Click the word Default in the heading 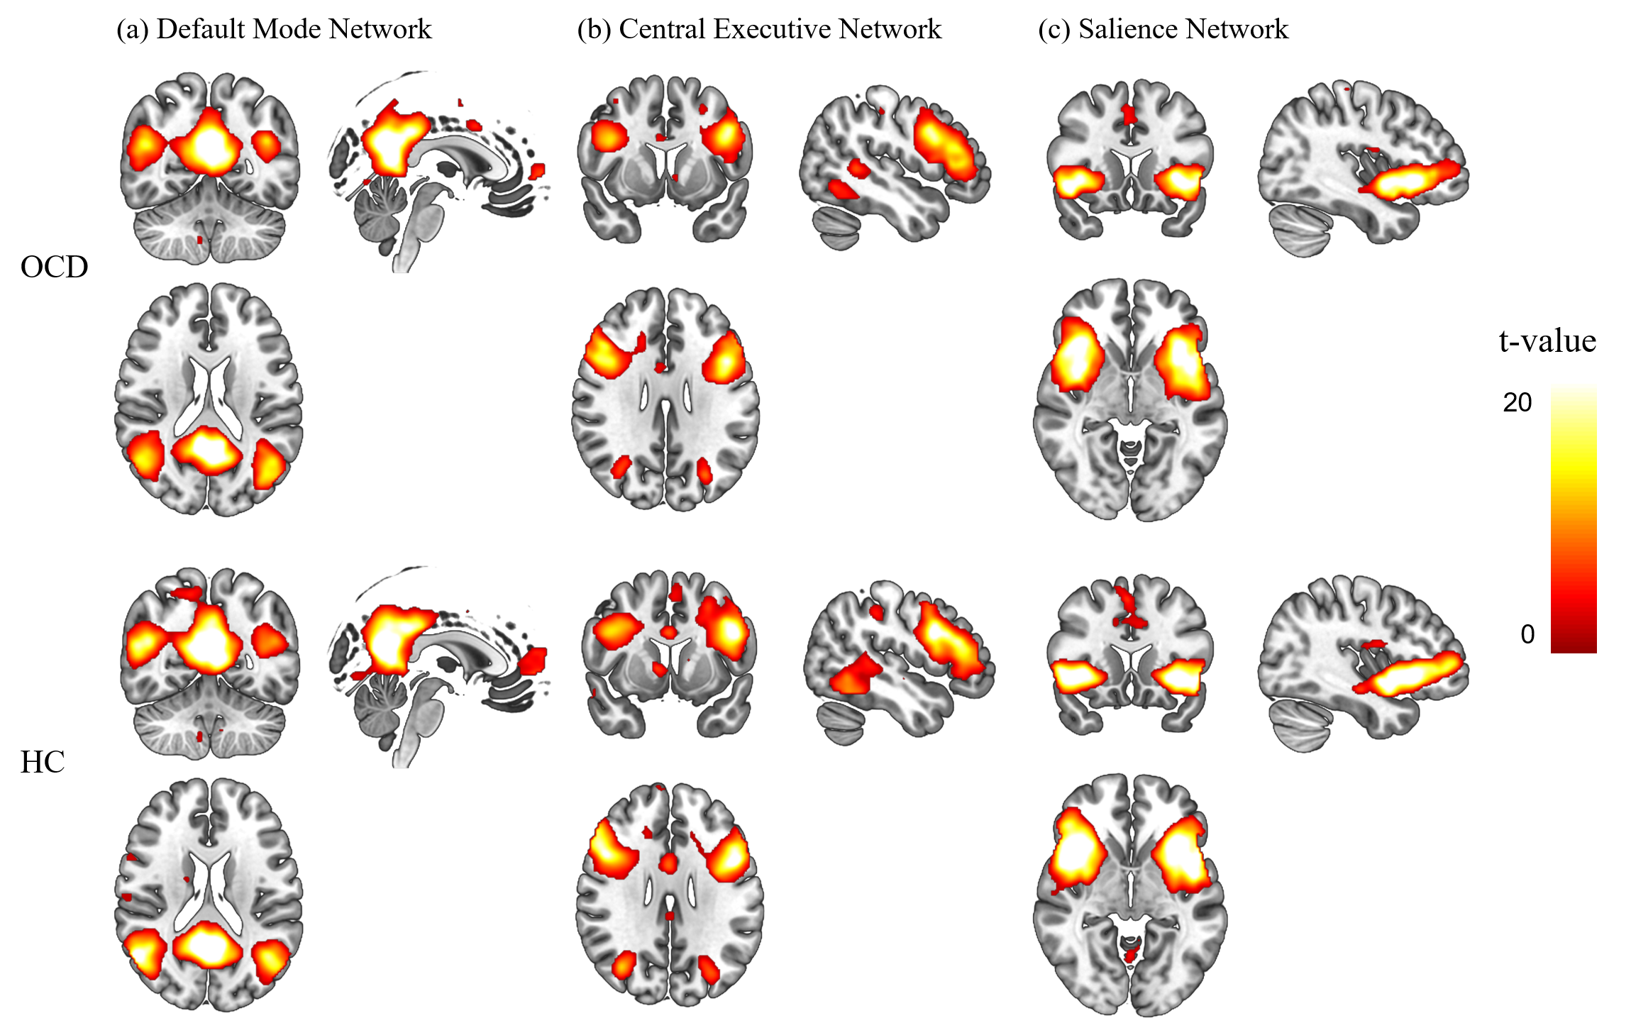pos(201,29)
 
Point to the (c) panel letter pos(1054,30)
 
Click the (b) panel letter pos(594,30)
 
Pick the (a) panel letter pos(133,30)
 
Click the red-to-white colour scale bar pos(1574,516)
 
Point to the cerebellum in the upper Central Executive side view pos(839,226)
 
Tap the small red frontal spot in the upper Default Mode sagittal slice pos(537,171)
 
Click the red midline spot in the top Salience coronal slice pos(1129,114)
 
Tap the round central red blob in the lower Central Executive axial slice pos(668,863)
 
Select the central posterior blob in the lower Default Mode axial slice pos(208,945)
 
